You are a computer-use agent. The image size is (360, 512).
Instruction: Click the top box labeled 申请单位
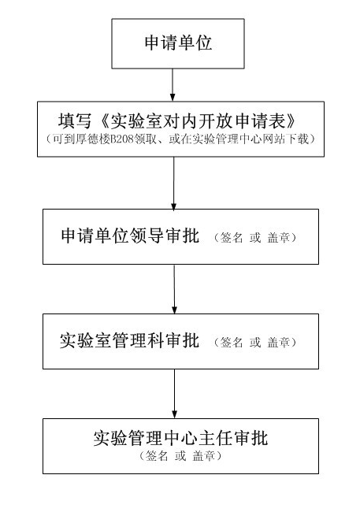(x=178, y=43)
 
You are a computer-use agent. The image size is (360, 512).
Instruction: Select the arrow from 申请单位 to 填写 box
(x=173, y=85)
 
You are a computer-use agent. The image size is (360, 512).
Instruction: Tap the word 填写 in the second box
(x=75, y=121)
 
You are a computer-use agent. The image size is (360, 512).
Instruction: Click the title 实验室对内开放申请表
(x=197, y=121)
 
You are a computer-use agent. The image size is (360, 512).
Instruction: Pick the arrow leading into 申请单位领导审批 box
(x=174, y=184)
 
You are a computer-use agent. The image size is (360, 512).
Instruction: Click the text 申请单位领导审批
(x=130, y=236)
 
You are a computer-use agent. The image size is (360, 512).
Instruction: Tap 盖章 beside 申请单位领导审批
(x=279, y=237)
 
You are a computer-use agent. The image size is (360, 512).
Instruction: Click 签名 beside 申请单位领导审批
(x=232, y=237)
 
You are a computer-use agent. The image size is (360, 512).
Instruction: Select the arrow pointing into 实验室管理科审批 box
(x=174, y=289)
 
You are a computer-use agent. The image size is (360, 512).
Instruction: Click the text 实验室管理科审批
(x=129, y=340)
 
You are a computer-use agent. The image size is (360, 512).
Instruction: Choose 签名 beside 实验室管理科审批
(x=232, y=342)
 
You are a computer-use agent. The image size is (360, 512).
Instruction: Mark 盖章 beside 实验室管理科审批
(x=279, y=342)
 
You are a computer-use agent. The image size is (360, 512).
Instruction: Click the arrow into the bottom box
(x=174, y=394)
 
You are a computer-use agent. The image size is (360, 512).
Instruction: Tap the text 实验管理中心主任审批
(x=180, y=438)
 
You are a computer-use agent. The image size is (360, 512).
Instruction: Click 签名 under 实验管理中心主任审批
(x=157, y=456)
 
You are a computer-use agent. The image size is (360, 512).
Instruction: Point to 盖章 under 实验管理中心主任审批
(x=204, y=456)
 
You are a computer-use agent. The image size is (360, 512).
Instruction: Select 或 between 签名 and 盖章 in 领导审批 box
(x=255, y=237)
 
